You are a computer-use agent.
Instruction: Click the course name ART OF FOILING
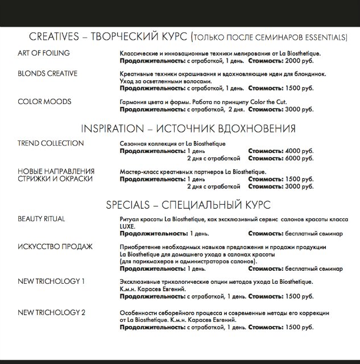coord(44,53)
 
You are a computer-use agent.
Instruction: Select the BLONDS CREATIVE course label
coord(48,74)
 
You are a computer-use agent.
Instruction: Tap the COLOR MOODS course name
coord(44,102)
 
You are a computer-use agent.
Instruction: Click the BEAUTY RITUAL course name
coord(42,219)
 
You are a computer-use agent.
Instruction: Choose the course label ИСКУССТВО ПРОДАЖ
coord(55,247)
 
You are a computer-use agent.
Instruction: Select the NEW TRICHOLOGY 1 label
coord(52,282)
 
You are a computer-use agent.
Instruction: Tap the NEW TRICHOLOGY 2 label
coord(52,312)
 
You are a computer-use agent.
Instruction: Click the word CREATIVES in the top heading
coord(53,38)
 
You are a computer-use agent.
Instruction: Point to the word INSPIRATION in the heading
coord(113,128)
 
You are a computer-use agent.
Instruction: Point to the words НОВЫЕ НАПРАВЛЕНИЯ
coord(56,171)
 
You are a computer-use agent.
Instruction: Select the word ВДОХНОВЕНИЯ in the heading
coord(246,128)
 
